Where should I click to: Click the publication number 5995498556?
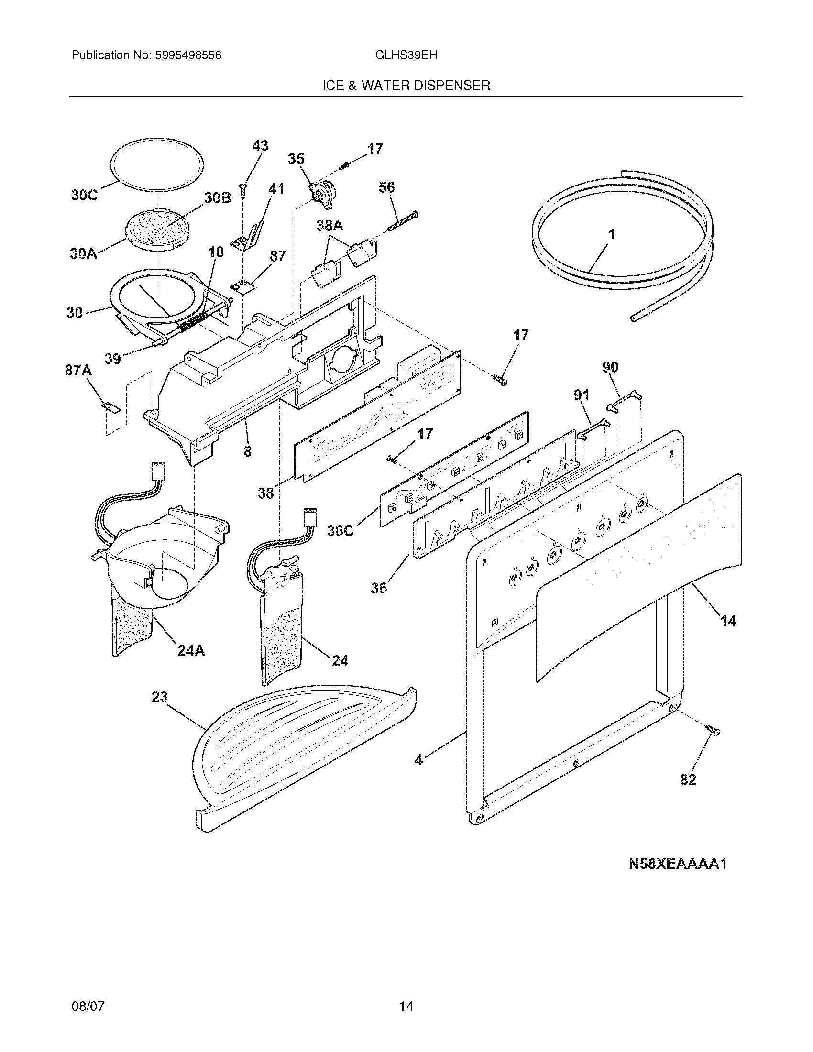(188, 55)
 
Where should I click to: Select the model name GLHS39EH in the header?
(406, 55)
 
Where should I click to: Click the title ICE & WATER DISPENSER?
(406, 86)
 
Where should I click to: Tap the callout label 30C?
(84, 195)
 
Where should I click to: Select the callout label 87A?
(78, 371)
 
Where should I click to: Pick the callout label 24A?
(191, 651)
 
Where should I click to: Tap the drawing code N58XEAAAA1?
(678, 864)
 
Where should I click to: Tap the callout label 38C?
(341, 531)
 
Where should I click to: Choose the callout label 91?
(582, 395)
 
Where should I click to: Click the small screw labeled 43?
(243, 191)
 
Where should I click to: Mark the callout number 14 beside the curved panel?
(728, 621)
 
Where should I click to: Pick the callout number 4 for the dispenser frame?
(419, 760)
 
